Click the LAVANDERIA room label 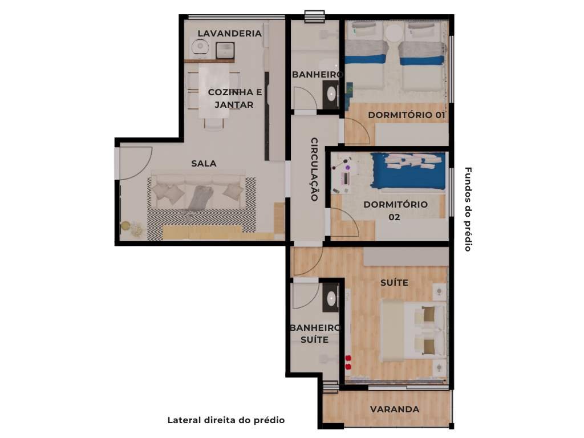click(229, 33)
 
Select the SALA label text click(204, 164)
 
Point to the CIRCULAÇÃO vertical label click(314, 169)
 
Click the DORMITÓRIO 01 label click(406, 115)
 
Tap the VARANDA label click(395, 409)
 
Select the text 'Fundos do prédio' click(468, 209)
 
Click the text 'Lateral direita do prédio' click(226, 420)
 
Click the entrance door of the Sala click(135, 163)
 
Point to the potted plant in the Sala click(126, 226)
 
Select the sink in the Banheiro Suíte click(330, 298)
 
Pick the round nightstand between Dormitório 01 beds click(393, 33)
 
